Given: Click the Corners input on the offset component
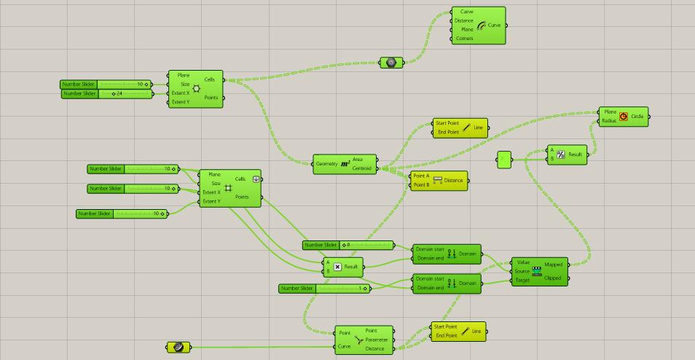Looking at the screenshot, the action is (465, 39).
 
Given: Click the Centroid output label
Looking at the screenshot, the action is (362, 168).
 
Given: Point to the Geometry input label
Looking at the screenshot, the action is (327, 164).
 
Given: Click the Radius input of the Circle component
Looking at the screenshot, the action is (609, 121).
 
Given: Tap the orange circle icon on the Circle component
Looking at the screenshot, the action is (624, 117).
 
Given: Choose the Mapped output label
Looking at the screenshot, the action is (553, 265).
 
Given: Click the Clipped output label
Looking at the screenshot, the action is (553, 278).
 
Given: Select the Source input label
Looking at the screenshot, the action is (522, 271).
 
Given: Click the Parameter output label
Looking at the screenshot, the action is (377, 340).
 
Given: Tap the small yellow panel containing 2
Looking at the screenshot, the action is (505, 160).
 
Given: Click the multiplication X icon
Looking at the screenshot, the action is (338, 267).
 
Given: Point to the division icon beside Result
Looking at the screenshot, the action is (561, 154).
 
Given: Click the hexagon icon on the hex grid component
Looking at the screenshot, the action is (196, 88).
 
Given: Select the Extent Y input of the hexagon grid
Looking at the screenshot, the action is (181, 102).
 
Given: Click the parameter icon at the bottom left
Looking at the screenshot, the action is (178, 348).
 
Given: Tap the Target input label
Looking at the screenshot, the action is (522, 280).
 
